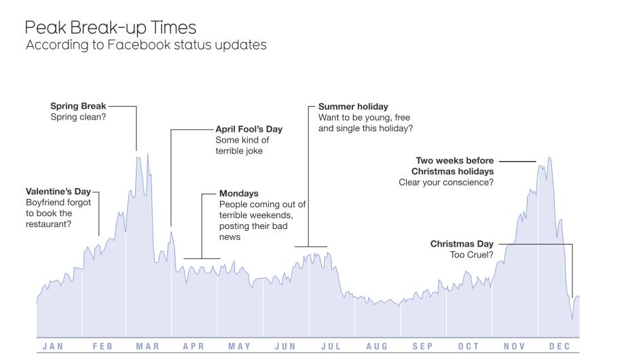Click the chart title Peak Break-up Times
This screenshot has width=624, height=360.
[x=111, y=28]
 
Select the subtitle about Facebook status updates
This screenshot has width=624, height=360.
[x=146, y=46]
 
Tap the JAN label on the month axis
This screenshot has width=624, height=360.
[x=53, y=346]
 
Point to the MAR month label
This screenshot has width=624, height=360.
[x=147, y=346]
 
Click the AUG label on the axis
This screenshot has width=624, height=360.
[x=377, y=346]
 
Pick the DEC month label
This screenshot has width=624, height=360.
[x=559, y=346]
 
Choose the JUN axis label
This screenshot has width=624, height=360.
[x=285, y=346]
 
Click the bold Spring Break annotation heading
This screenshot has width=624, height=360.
[x=78, y=106]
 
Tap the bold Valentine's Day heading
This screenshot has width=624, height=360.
[x=58, y=192]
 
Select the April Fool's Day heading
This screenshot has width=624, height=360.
[x=249, y=129]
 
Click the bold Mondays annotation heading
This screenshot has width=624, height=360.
[x=238, y=194]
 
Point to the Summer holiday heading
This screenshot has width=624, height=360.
[x=353, y=107]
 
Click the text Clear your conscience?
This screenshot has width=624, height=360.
[x=446, y=182]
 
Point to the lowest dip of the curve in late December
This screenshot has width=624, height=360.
[x=572, y=318]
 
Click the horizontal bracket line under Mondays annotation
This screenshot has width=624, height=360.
[x=202, y=258]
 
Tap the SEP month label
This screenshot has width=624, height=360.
[x=422, y=346]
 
